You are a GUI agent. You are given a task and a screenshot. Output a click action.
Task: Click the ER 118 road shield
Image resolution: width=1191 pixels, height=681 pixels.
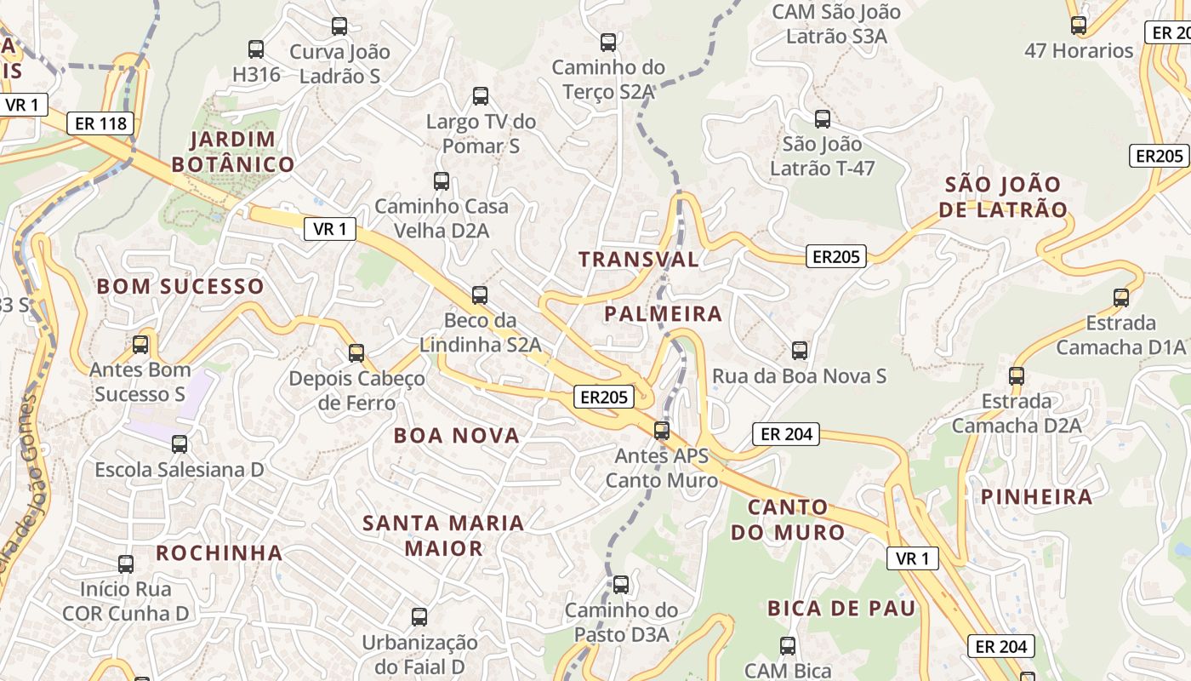(x=100, y=123)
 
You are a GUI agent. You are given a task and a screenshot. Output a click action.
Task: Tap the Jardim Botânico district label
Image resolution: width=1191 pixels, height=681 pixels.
(x=233, y=152)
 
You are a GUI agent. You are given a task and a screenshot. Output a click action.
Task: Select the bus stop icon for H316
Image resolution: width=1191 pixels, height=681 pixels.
(x=255, y=49)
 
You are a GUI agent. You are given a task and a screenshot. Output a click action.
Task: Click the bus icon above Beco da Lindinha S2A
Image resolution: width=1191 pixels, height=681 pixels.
(x=480, y=295)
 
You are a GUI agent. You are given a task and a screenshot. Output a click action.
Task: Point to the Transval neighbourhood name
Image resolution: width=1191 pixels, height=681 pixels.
(x=638, y=260)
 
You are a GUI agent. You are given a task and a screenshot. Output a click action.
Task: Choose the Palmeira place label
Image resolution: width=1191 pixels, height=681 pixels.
(x=663, y=314)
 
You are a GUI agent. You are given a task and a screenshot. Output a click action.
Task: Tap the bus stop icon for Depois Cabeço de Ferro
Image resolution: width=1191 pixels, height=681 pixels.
(x=356, y=352)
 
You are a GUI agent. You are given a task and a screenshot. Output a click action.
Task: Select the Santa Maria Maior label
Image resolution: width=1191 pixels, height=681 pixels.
(x=443, y=535)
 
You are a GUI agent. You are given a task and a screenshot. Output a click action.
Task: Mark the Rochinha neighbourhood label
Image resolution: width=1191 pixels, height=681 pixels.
(x=219, y=553)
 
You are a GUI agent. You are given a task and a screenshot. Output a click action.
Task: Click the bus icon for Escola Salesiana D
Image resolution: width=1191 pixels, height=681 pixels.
(x=179, y=444)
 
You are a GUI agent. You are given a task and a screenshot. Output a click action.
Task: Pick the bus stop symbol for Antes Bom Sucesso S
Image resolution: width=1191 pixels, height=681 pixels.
(x=140, y=345)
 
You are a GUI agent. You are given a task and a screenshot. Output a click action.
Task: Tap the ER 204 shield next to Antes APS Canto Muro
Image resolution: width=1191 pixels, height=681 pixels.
(x=786, y=434)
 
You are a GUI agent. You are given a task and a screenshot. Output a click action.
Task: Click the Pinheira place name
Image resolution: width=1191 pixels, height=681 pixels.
(x=1036, y=497)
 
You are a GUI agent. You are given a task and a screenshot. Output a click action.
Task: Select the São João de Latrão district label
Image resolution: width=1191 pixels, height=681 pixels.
(x=1003, y=197)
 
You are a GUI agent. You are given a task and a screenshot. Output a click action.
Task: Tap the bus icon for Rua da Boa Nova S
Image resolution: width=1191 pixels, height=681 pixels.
(x=799, y=350)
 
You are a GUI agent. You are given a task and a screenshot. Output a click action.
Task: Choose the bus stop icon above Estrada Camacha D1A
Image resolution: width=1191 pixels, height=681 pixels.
(x=1121, y=298)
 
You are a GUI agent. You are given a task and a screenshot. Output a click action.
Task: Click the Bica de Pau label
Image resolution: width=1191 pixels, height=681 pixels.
(x=841, y=609)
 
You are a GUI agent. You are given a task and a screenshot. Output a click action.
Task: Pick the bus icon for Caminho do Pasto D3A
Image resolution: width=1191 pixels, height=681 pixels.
(x=621, y=585)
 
